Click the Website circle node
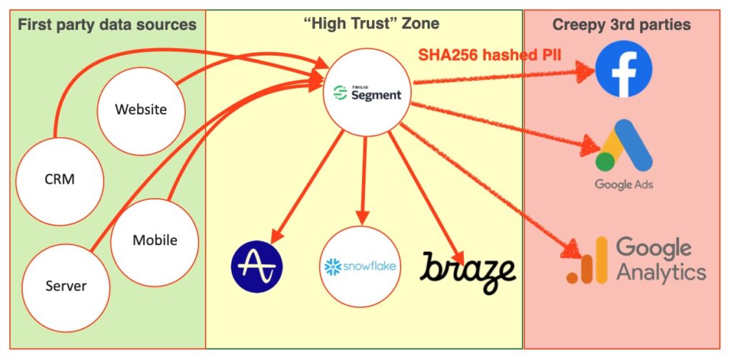coord(141,110)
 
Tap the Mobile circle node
coord(154,240)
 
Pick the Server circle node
coord(66,286)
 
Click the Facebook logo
coord(623,69)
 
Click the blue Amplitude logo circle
coord(257,269)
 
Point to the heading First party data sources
coord(107,25)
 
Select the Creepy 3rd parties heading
coord(621,25)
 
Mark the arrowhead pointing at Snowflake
coord(362,216)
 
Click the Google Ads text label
coord(624,184)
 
